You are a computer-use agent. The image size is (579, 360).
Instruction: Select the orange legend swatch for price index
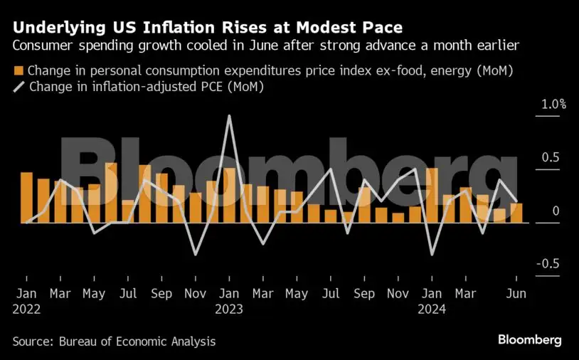click(18, 71)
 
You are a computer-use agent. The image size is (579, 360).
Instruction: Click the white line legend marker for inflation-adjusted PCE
click(18, 87)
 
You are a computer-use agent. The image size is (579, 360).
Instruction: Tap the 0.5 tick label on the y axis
click(552, 158)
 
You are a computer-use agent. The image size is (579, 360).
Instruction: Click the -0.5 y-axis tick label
click(550, 264)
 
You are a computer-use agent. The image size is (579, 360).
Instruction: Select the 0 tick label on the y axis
click(556, 211)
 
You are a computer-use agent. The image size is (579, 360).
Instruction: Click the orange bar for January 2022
click(26, 198)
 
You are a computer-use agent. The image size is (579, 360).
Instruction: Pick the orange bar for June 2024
click(516, 213)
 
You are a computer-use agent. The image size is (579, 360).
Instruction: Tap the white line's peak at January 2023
click(229, 116)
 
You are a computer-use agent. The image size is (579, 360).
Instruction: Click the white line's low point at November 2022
click(196, 254)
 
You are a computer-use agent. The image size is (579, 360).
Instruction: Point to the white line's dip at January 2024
click(432, 254)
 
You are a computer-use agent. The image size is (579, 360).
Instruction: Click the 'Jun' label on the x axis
click(516, 294)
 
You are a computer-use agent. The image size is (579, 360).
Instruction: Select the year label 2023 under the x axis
click(229, 309)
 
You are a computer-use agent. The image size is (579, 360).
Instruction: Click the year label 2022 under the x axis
click(26, 309)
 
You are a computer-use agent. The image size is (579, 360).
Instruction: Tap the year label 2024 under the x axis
click(432, 309)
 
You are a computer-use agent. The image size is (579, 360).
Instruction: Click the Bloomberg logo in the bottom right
click(529, 340)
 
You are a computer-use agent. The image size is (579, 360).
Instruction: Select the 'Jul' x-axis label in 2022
click(128, 294)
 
